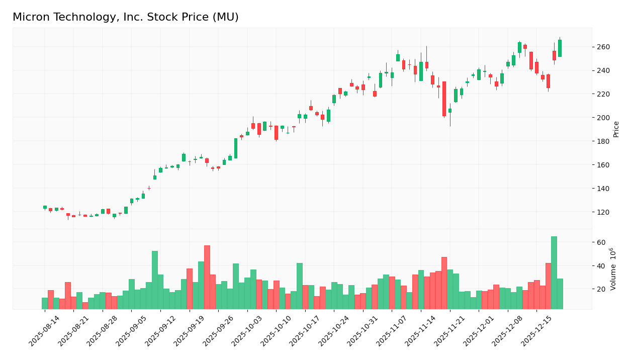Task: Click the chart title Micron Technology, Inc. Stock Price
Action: tap(126, 18)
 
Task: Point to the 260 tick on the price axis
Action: tap(603, 47)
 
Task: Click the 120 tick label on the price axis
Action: tap(603, 212)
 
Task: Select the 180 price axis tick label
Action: tap(603, 141)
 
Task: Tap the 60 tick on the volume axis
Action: tap(601, 242)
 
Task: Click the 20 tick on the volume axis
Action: tap(601, 289)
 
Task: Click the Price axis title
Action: tap(616, 129)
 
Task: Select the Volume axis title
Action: tap(613, 269)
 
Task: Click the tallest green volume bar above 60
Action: tap(554, 273)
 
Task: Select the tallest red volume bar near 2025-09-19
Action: tap(207, 277)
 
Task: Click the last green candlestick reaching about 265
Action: tap(560, 48)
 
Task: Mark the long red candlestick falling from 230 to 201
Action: tap(444, 99)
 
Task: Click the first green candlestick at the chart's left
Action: tap(45, 207)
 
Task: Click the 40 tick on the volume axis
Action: tap(601, 265)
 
